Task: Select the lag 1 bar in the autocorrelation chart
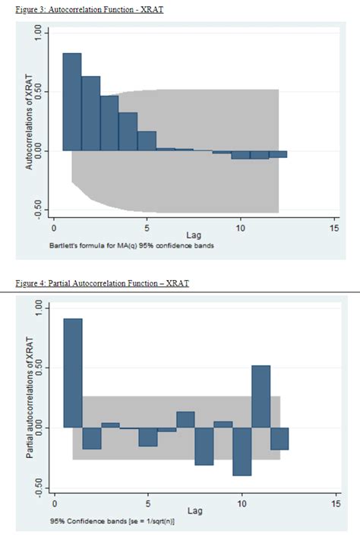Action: click(x=71, y=102)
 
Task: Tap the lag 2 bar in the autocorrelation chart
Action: click(x=90, y=113)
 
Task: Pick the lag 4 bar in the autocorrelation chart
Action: click(x=128, y=131)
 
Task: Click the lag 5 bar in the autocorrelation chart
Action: click(x=147, y=141)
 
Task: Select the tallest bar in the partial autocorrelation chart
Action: click(x=72, y=373)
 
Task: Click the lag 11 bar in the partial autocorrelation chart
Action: click(x=261, y=396)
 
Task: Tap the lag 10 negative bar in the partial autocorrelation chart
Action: click(x=242, y=451)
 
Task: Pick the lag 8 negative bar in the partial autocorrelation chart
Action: click(x=204, y=446)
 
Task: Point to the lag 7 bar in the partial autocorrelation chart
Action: click(x=186, y=420)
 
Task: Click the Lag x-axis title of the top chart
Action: click(x=194, y=236)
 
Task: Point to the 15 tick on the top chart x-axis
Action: click(x=334, y=228)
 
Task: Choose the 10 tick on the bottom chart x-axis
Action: click(x=242, y=503)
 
